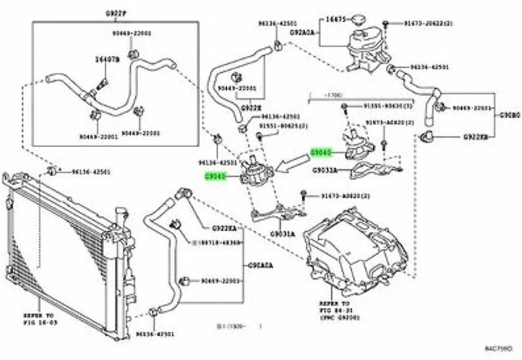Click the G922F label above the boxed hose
click(115, 14)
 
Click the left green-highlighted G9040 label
click(216, 177)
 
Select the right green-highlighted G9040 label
click(321, 153)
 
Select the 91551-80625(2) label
click(283, 126)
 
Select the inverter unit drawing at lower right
click(358, 253)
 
